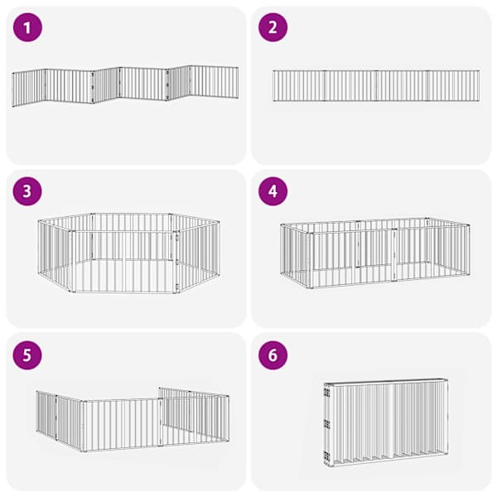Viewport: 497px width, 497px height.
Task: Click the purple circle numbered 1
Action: [x=27, y=27]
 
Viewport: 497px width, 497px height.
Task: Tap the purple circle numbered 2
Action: [x=273, y=27]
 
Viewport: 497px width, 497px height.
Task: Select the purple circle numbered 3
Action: [x=27, y=191]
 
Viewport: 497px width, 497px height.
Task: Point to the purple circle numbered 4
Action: [x=273, y=191]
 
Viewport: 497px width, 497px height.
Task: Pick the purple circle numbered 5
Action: [x=27, y=355]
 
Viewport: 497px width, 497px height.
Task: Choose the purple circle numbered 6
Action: [x=273, y=355]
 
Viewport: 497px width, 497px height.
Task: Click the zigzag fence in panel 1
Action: [x=125, y=85]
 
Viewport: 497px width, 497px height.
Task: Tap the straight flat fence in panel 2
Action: [x=376, y=85]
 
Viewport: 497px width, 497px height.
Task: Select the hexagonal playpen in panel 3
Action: [x=128, y=253]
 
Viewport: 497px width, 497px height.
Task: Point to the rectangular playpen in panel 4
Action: [x=375, y=253]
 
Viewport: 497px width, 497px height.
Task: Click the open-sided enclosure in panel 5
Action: [x=133, y=419]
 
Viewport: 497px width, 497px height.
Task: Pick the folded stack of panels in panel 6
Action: [x=386, y=422]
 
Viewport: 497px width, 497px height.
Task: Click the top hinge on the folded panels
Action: [x=327, y=393]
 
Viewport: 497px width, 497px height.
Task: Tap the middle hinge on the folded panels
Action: [x=327, y=424]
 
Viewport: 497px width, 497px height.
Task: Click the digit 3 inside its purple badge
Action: [x=27, y=191]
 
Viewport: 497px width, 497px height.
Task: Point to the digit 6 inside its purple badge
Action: [x=273, y=355]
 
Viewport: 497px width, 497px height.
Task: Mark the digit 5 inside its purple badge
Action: [x=27, y=355]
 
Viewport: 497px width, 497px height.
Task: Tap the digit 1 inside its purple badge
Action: [x=27, y=27]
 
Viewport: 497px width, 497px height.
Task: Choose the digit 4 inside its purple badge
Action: [x=273, y=191]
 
